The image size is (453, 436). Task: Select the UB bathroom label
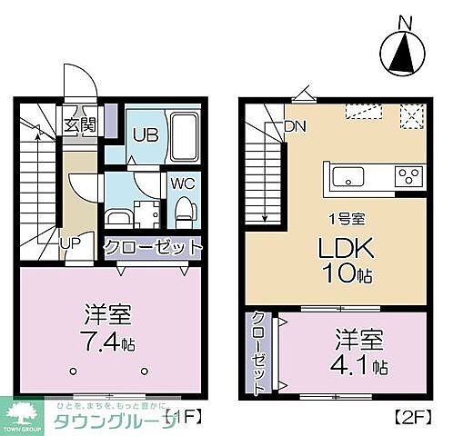pyautogui.click(x=146, y=135)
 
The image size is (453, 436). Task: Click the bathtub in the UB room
pyautogui.click(x=185, y=137)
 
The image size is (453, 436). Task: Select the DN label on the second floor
pyautogui.click(x=296, y=126)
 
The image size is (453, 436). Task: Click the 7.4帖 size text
pyautogui.click(x=106, y=343)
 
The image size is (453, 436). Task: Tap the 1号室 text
pyautogui.click(x=346, y=218)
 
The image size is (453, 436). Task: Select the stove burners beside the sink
pyautogui.click(x=408, y=175)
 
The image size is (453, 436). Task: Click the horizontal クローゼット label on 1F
pyautogui.click(x=152, y=246)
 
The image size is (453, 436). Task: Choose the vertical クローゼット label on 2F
pyautogui.click(x=257, y=352)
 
